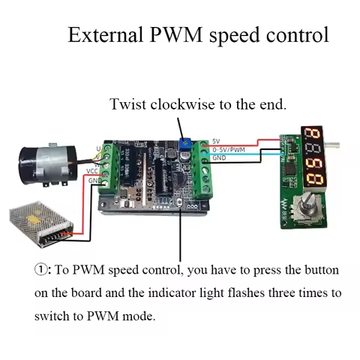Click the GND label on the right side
click(219, 158)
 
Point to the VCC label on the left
click(92, 171)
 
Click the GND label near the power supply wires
click(93, 181)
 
